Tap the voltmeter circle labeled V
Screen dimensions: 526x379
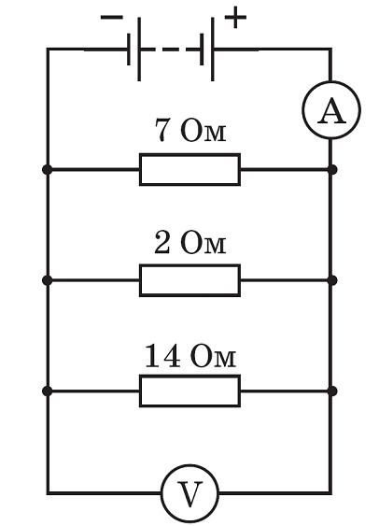coord(189,493)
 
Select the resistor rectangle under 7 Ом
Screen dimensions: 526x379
coord(189,170)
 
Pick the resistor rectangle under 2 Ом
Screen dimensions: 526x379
coord(189,279)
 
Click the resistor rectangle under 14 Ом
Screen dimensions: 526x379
coord(189,391)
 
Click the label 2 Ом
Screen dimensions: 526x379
coord(190,244)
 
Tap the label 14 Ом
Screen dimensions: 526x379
coord(189,355)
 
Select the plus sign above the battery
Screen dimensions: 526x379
coord(236,17)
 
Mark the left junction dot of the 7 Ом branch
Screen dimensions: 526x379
coord(48,170)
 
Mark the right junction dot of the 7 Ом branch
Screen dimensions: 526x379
coord(330,170)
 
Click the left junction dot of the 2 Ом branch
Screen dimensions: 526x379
coord(48,279)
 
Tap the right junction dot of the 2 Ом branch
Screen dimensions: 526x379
coord(330,279)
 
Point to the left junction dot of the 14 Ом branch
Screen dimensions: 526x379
coord(48,391)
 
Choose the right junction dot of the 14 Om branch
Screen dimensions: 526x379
coord(330,391)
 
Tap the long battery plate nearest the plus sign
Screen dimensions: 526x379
coord(218,49)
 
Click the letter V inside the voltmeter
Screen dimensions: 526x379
coord(189,494)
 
